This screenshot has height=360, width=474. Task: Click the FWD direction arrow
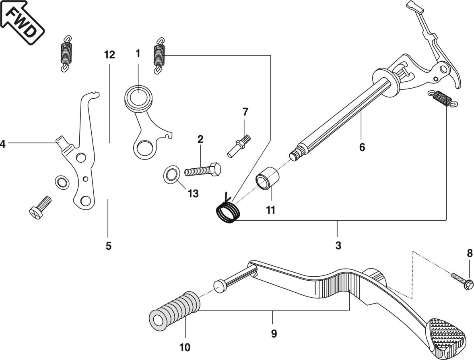click(x=22, y=22)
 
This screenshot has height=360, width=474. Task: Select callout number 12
click(x=109, y=55)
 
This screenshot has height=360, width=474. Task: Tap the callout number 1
click(x=138, y=54)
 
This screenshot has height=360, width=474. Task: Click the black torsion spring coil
click(x=228, y=211)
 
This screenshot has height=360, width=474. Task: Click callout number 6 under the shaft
click(x=362, y=147)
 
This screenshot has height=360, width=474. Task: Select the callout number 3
click(x=338, y=245)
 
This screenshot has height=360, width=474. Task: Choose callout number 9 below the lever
click(x=273, y=334)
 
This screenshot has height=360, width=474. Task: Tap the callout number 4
click(x=3, y=144)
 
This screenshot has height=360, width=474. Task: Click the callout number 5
click(x=109, y=246)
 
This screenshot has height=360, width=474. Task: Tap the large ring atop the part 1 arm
click(x=139, y=97)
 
